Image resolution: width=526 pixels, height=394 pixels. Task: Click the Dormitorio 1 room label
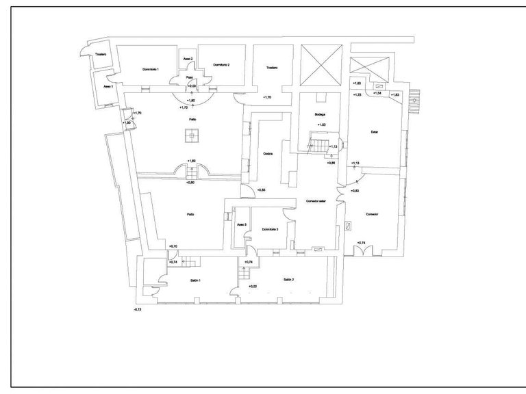click(151, 70)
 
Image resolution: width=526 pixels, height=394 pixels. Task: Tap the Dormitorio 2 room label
click(221, 64)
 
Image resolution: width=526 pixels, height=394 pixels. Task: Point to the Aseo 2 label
click(188, 60)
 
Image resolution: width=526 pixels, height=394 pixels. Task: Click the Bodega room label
click(320, 114)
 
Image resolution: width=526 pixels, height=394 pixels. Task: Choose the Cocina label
click(268, 154)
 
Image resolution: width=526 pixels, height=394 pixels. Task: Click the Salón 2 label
click(288, 279)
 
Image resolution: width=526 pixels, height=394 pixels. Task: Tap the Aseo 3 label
click(241, 224)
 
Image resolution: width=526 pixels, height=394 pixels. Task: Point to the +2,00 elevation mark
click(192, 87)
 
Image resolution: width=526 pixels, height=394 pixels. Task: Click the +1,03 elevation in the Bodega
click(321, 124)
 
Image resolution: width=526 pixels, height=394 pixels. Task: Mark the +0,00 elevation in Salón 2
click(252, 286)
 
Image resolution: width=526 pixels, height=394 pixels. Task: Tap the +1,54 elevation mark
click(377, 94)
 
